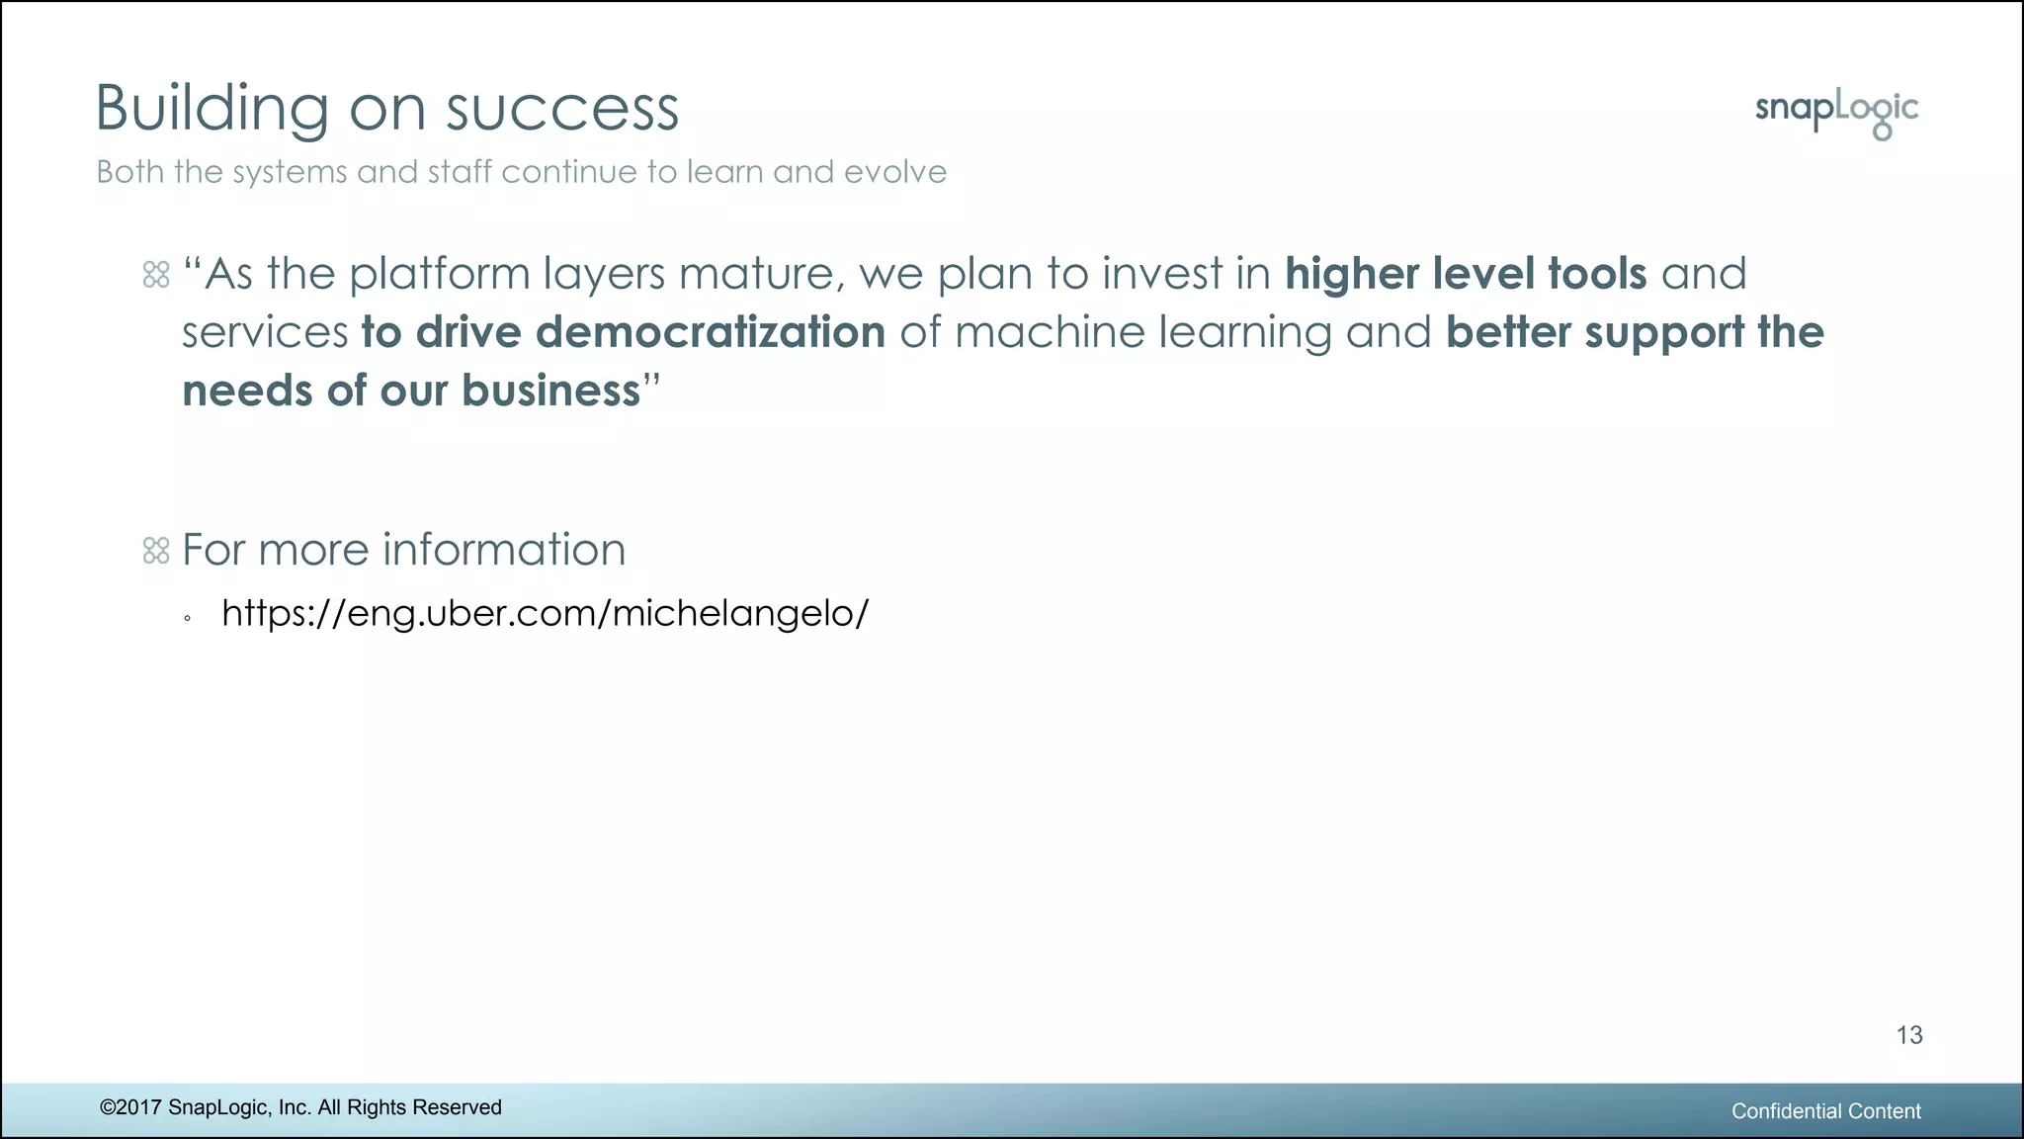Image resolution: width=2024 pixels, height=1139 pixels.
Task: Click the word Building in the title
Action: point(211,109)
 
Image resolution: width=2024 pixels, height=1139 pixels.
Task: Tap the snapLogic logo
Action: point(1836,113)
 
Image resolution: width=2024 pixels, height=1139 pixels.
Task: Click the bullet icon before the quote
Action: point(156,275)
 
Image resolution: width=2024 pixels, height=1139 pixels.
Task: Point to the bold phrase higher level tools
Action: point(1465,274)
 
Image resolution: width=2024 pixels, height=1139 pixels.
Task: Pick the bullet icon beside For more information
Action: point(156,551)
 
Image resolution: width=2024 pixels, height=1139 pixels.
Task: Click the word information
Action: point(503,550)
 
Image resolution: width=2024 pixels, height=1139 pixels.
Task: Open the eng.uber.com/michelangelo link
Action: point(545,613)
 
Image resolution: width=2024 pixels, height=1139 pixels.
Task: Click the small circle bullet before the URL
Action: point(187,620)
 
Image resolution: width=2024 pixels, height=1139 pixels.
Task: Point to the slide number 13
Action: point(1908,1035)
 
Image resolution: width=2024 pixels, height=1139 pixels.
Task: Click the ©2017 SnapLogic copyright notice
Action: point(300,1107)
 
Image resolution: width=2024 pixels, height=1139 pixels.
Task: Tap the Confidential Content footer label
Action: point(1825,1111)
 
